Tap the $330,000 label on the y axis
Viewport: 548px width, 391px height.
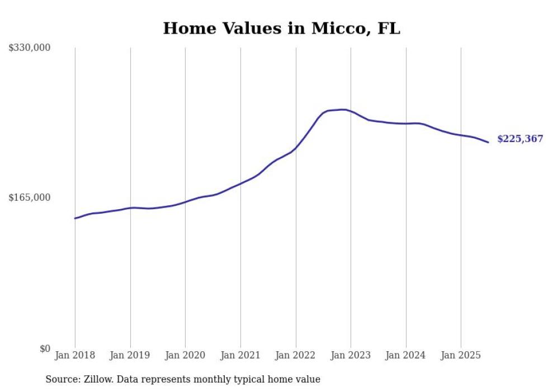point(30,48)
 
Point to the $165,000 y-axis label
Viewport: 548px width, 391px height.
point(30,197)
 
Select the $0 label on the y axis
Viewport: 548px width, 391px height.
point(45,348)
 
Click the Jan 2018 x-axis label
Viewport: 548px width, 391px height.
point(75,355)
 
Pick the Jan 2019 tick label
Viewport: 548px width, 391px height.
point(130,355)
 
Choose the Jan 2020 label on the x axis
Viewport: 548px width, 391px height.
point(185,355)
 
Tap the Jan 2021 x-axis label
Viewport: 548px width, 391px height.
point(240,355)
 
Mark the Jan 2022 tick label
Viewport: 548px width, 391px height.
point(296,355)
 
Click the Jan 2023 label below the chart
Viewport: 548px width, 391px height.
point(351,355)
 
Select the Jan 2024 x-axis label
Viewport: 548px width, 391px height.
point(406,355)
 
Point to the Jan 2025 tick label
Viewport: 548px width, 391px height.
point(461,355)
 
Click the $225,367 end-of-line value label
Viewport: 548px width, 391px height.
point(519,139)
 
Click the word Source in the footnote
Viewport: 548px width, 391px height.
point(62,379)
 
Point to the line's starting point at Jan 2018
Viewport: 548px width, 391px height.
point(75,218)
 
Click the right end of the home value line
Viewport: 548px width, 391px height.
point(488,142)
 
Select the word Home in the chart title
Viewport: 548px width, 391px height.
point(187,29)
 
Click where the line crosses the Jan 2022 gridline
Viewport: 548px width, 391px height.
point(296,147)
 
